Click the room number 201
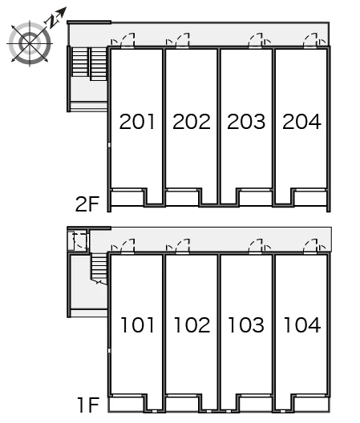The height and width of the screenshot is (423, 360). pos(137,122)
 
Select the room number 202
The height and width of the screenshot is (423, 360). pos(192,122)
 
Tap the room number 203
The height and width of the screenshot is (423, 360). pos(246,122)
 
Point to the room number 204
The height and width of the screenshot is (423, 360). pos(301,122)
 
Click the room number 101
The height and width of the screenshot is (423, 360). pos(137,324)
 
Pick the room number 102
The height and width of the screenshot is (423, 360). pos(192,324)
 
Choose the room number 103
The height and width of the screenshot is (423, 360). pos(246,324)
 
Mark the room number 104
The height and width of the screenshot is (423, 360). pos(302,324)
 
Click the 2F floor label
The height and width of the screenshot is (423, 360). pos(87,204)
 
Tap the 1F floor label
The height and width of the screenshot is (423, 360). pos(88,405)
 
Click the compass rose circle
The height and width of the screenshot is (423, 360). pos(30,43)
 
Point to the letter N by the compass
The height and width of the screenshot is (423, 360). pos(53,22)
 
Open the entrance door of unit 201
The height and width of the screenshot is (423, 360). pos(127,41)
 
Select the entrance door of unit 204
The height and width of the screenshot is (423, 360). pos(310,41)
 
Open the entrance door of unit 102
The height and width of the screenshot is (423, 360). pos(182,246)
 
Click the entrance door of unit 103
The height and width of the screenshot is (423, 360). pos(255,246)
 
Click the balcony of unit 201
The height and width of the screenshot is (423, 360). pos(127,199)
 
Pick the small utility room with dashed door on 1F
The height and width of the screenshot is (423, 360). pos(79,241)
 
